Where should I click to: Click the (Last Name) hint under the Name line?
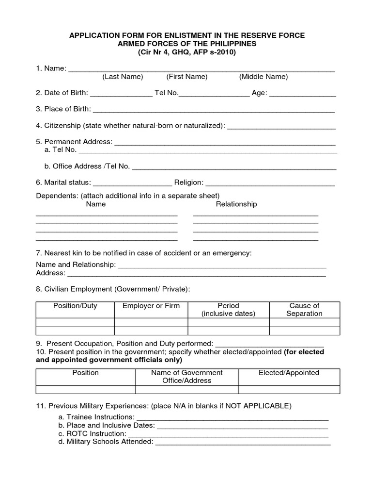coord(123,77)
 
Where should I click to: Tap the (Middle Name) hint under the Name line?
coord(263,77)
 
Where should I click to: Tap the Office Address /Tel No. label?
coord(87,166)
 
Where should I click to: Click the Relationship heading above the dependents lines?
coord(236,204)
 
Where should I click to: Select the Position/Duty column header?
coord(75,306)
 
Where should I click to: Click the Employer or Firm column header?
coord(151,306)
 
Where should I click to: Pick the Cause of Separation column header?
coord(304,310)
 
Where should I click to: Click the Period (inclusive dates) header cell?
coord(228,310)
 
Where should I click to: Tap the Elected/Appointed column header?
coord(289,373)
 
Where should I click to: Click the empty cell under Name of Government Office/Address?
coord(187,389)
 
